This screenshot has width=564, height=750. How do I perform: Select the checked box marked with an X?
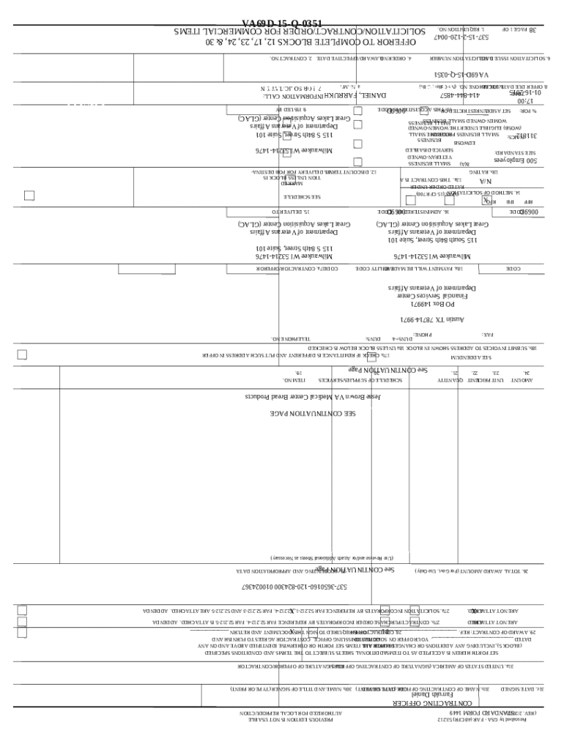(486, 199)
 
